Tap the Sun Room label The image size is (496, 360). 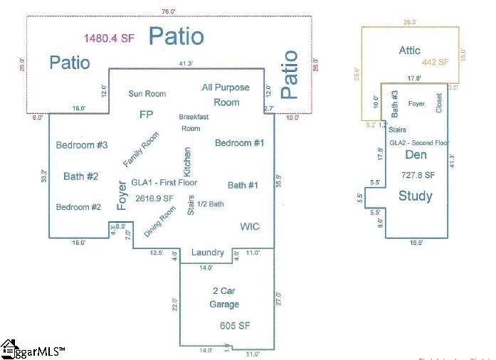click(x=147, y=94)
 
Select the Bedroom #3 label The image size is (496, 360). click(x=82, y=145)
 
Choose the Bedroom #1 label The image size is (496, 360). click(x=240, y=143)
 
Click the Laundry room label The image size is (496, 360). click(x=208, y=253)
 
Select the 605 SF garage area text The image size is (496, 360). click(x=236, y=327)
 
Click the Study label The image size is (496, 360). click(x=415, y=196)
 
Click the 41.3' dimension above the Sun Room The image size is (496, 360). click(x=186, y=65)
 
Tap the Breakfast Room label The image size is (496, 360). click(x=191, y=122)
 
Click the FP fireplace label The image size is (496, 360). click(x=147, y=115)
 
